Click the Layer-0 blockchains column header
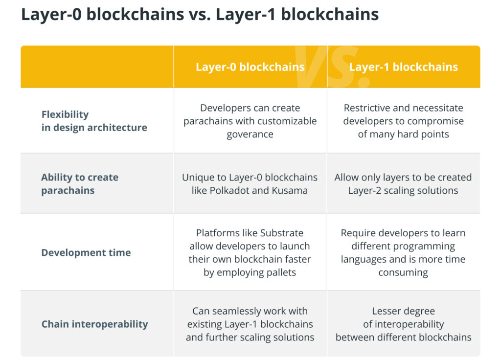point(250,67)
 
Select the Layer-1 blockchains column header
point(403,67)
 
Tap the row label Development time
point(86,252)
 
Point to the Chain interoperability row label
point(94,324)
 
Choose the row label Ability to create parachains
point(80,184)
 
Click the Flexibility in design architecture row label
point(94,121)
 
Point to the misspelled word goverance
point(250,134)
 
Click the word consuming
point(403,272)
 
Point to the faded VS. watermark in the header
point(327,66)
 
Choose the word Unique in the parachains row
point(198,177)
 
